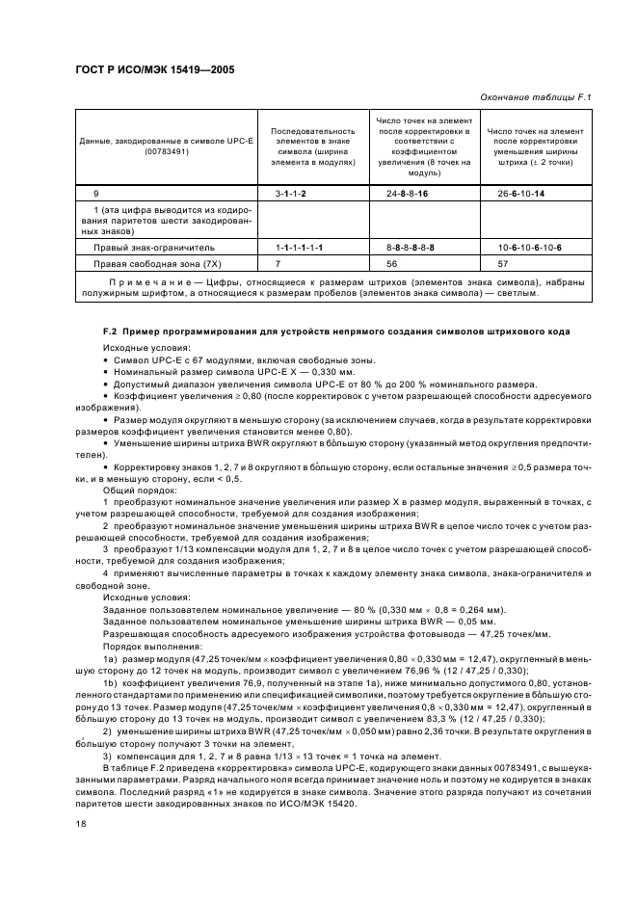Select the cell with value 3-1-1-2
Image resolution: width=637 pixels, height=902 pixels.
pos(290,195)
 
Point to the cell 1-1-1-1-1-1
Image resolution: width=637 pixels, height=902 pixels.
pos(299,248)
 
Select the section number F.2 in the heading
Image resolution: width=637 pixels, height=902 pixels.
pos(109,332)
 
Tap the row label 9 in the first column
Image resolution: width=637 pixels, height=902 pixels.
pos(94,195)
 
